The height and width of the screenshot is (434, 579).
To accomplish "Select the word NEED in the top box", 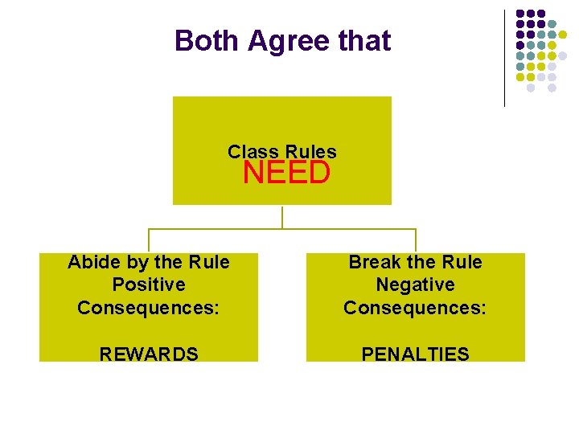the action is click(x=286, y=173).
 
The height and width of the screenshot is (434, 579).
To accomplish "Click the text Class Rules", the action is click(x=282, y=151).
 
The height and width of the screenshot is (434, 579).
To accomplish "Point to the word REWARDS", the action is click(x=149, y=354).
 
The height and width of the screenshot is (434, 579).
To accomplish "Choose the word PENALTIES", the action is click(x=415, y=354).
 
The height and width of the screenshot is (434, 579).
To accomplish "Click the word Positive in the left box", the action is click(x=149, y=285).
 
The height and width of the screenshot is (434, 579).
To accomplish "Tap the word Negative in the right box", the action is click(x=415, y=285).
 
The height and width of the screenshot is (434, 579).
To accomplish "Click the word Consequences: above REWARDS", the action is click(x=149, y=308).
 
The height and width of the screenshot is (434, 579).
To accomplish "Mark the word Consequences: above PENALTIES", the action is click(x=415, y=308).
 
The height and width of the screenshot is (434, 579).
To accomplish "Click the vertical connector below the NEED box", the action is click(x=282, y=217).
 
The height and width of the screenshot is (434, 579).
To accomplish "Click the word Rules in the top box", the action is click(x=310, y=151).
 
